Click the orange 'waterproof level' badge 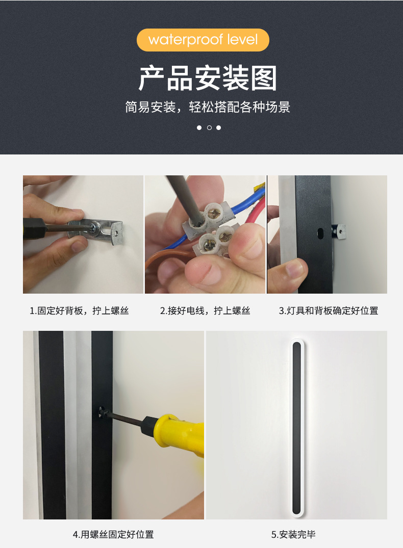pyautogui.click(x=203, y=40)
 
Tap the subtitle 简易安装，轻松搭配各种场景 pyautogui.click(x=208, y=107)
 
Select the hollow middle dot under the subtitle pyautogui.click(x=209, y=127)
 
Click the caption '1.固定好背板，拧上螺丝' pyautogui.click(x=79, y=310)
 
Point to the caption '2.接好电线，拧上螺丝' pyautogui.click(x=205, y=310)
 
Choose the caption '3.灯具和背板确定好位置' pyautogui.click(x=329, y=310)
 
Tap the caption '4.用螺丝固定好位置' pyautogui.click(x=113, y=534)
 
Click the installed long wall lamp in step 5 pyautogui.click(x=296, y=428)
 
